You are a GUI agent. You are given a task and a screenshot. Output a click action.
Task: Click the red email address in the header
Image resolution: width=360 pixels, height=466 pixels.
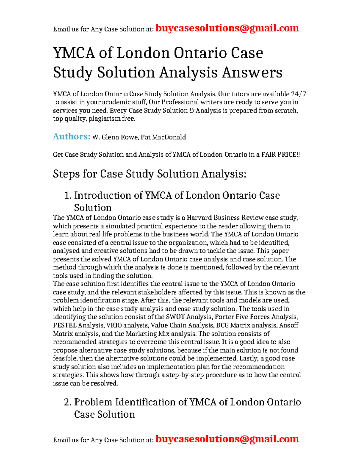[x=227, y=28]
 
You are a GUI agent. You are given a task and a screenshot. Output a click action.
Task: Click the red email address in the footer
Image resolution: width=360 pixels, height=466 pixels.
[x=227, y=439]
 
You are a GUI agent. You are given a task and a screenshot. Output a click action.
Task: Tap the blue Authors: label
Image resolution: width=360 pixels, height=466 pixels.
[x=71, y=137]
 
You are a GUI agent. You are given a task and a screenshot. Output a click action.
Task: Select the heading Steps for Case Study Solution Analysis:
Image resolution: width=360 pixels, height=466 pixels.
[x=149, y=174]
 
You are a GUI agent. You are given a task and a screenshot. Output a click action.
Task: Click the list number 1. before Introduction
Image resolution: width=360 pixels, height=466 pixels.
[x=68, y=196]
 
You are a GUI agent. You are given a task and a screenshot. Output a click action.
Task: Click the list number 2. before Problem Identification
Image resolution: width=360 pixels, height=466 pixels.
[x=68, y=402]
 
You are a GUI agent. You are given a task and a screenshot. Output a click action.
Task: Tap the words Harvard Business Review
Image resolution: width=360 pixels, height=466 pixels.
[x=225, y=218]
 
